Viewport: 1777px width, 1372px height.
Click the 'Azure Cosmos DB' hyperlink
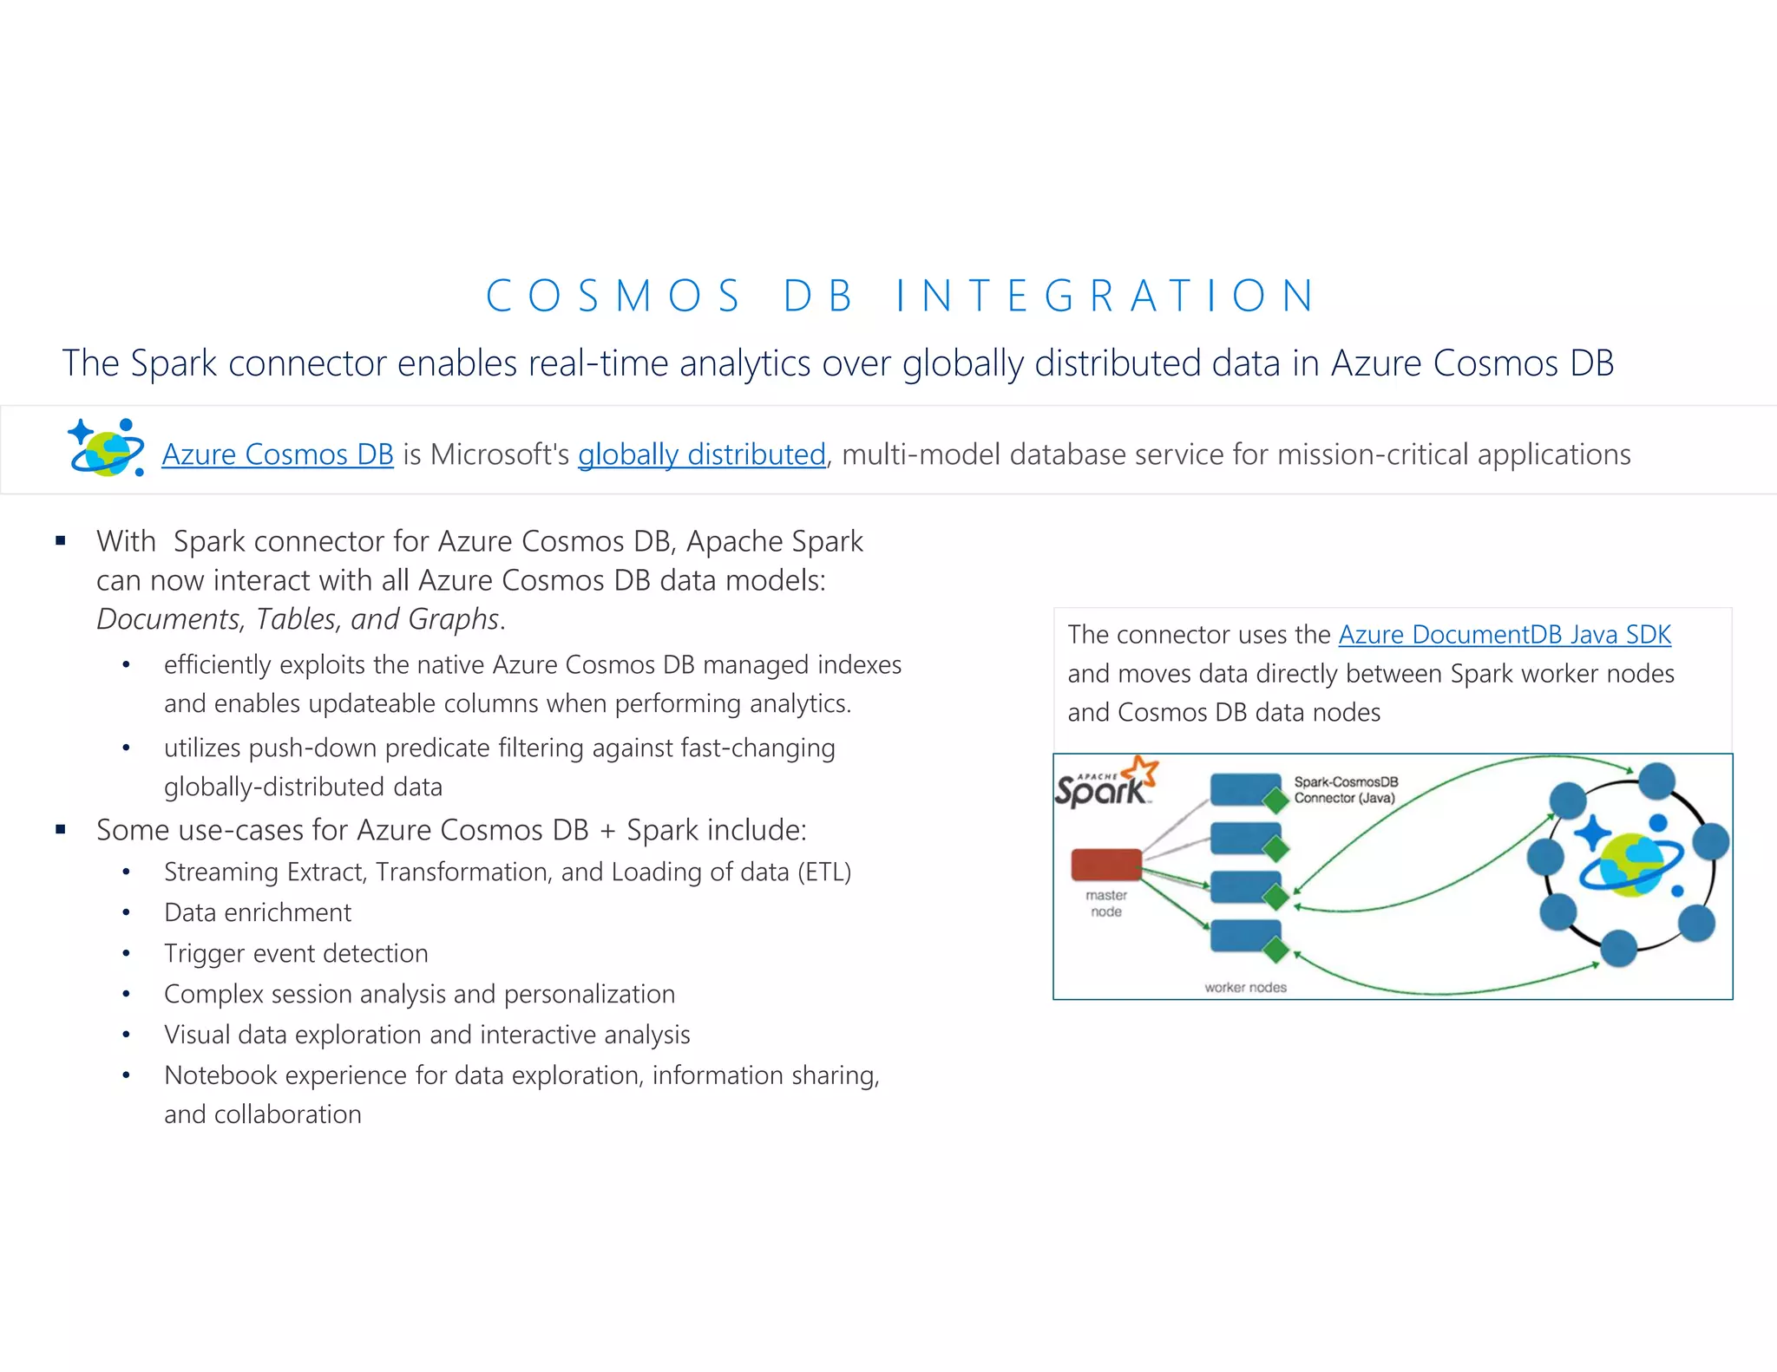(x=278, y=454)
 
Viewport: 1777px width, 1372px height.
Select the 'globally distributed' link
(x=701, y=454)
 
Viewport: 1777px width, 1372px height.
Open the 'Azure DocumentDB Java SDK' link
(x=1504, y=635)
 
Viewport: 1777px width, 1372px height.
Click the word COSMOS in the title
(x=613, y=296)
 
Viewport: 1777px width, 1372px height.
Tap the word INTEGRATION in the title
(x=1105, y=296)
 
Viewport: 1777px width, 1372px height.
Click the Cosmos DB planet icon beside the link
(x=107, y=448)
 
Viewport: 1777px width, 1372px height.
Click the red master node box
(x=1106, y=865)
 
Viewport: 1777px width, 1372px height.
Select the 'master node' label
(x=1106, y=903)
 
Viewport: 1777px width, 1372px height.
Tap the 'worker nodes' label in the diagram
(x=1245, y=987)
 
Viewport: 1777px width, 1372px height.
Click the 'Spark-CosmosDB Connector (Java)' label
(x=1345, y=790)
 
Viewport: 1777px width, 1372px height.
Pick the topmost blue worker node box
(x=1244, y=789)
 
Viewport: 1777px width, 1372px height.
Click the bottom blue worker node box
(x=1244, y=935)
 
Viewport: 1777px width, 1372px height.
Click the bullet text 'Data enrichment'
(x=258, y=912)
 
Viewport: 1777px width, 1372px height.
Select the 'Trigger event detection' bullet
(x=296, y=953)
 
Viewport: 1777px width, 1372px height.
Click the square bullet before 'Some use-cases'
(x=61, y=830)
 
